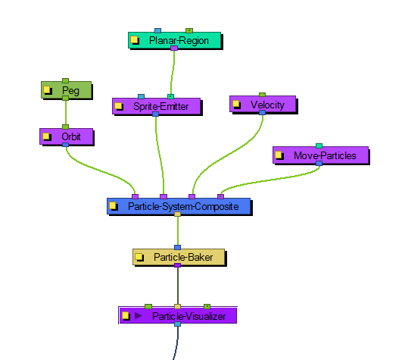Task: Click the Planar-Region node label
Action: pyautogui.click(x=179, y=41)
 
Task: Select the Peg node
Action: pyautogui.click(x=67, y=90)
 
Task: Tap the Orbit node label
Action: pyautogui.click(x=71, y=136)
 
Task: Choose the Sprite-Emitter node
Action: pyautogui.click(x=157, y=106)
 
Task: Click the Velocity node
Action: pyautogui.click(x=263, y=105)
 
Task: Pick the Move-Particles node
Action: pyautogui.click(x=321, y=155)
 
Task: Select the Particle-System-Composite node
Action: pyautogui.click(x=179, y=206)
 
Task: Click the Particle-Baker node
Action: pyautogui.click(x=179, y=257)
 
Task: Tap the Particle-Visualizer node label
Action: pyautogui.click(x=188, y=316)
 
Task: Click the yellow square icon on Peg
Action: pyautogui.click(x=48, y=90)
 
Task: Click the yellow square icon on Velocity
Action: pyautogui.click(x=236, y=105)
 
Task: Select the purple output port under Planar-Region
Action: pyautogui.click(x=174, y=48)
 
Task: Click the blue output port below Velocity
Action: pyautogui.click(x=262, y=112)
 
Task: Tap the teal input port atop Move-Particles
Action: pyautogui.click(x=319, y=146)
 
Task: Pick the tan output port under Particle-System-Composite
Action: pyautogui.click(x=177, y=214)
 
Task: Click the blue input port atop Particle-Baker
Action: pyautogui.click(x=177, y=248)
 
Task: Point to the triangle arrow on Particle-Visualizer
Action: pyautogui.click(x=139, y=315)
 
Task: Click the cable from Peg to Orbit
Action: pyautogui.click(x=66, y=112)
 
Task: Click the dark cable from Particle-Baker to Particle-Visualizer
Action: pyautogui.click(x=177, y=286)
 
